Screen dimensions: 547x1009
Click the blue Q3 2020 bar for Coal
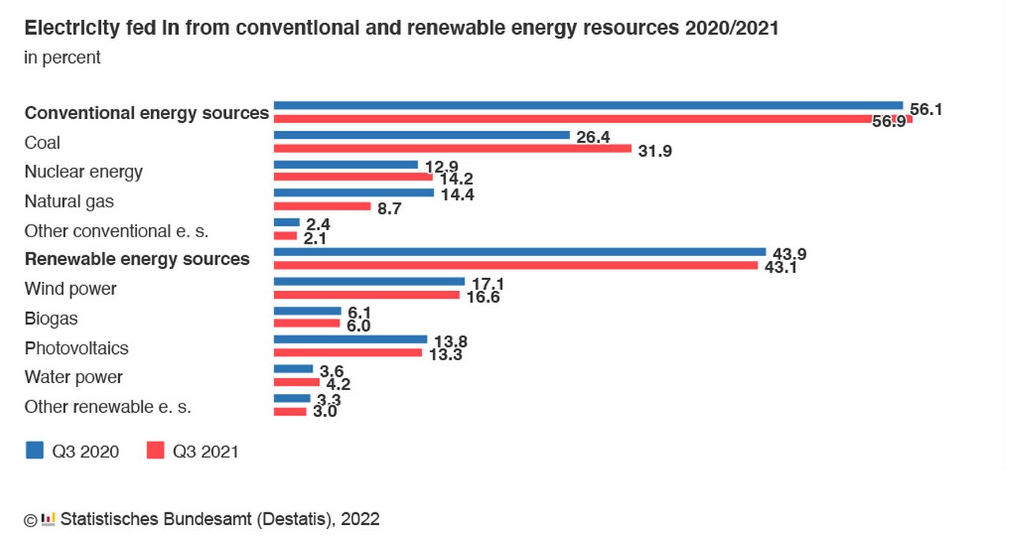point(421,135)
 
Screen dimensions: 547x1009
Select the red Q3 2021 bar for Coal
point(452,148)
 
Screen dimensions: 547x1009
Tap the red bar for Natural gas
point(322,207)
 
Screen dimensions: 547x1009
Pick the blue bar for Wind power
point(369,281)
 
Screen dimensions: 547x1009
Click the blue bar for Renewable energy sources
point(519,251)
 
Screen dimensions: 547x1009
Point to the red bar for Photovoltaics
point(348,352)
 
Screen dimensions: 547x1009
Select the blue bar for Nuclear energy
point(345,165)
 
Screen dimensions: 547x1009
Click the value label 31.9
point(654,151)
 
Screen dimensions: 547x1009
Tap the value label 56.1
point(925,110)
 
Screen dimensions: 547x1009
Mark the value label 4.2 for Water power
point(334,385)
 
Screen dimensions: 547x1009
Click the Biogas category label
point(50,318)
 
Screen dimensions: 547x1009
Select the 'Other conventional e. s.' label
point(116,231)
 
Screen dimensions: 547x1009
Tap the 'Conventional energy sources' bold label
point(147,113)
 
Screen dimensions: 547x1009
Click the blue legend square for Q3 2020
point(35,450)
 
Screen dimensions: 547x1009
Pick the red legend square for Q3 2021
point(155,450)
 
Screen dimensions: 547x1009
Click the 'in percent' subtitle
point(62,58)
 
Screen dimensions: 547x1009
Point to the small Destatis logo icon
point(48,519)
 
